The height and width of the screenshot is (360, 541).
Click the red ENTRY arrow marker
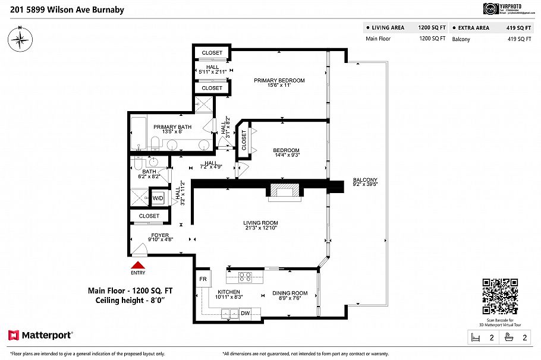click(x=138, y=266)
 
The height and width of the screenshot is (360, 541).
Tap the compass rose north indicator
click(x=20, y=39)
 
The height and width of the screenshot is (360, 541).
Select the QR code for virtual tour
click(x=499, y=296)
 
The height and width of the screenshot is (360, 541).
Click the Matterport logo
click(x=40, y=335)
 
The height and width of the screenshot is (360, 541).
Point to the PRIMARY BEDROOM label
click(x=279, y=81)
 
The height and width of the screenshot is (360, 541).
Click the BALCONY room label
click(x=365, y=180)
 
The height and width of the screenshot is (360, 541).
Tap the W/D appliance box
click(x=158, y=198)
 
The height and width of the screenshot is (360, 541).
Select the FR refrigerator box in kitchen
click(x=202, y=279)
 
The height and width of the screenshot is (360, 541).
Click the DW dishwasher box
click(x=245, y=312)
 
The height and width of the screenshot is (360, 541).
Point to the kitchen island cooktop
click(x=244, y=276)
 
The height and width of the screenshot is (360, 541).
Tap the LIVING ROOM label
click(x=261, y=223)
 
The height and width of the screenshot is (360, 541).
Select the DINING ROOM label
click(x=290, y=293)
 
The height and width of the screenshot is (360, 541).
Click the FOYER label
click(x=143, y=235)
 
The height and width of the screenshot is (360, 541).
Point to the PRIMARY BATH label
click(x=172, y=127)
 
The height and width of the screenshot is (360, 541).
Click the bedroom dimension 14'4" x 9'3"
click(x=286, y=155)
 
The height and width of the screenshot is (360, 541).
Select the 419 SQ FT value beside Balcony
click(x=519, y=39)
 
